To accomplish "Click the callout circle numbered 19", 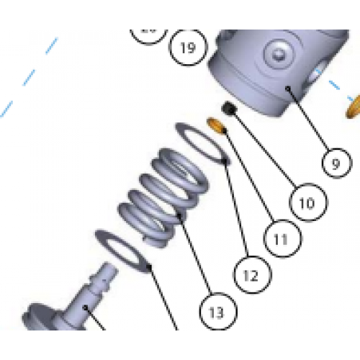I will (187, 48).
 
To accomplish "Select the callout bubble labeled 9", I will (336, 163).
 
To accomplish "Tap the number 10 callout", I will (307, 203).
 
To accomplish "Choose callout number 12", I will (250, 274).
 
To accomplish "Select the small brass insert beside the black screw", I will (216, 125).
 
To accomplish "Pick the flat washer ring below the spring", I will (122, 248).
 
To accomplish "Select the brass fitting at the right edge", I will (354, 107).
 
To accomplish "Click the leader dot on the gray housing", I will (287, 89).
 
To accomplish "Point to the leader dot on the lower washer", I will (149, 266).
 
